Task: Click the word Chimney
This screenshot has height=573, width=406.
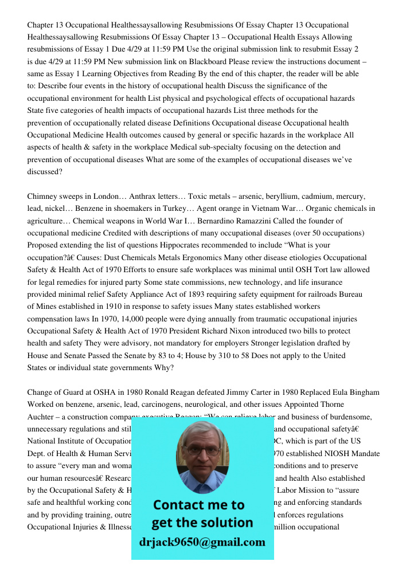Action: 42,197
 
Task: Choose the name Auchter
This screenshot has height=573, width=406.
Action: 42,417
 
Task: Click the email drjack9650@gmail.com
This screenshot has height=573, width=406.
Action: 202,541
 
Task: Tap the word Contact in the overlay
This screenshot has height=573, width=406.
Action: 182,505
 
